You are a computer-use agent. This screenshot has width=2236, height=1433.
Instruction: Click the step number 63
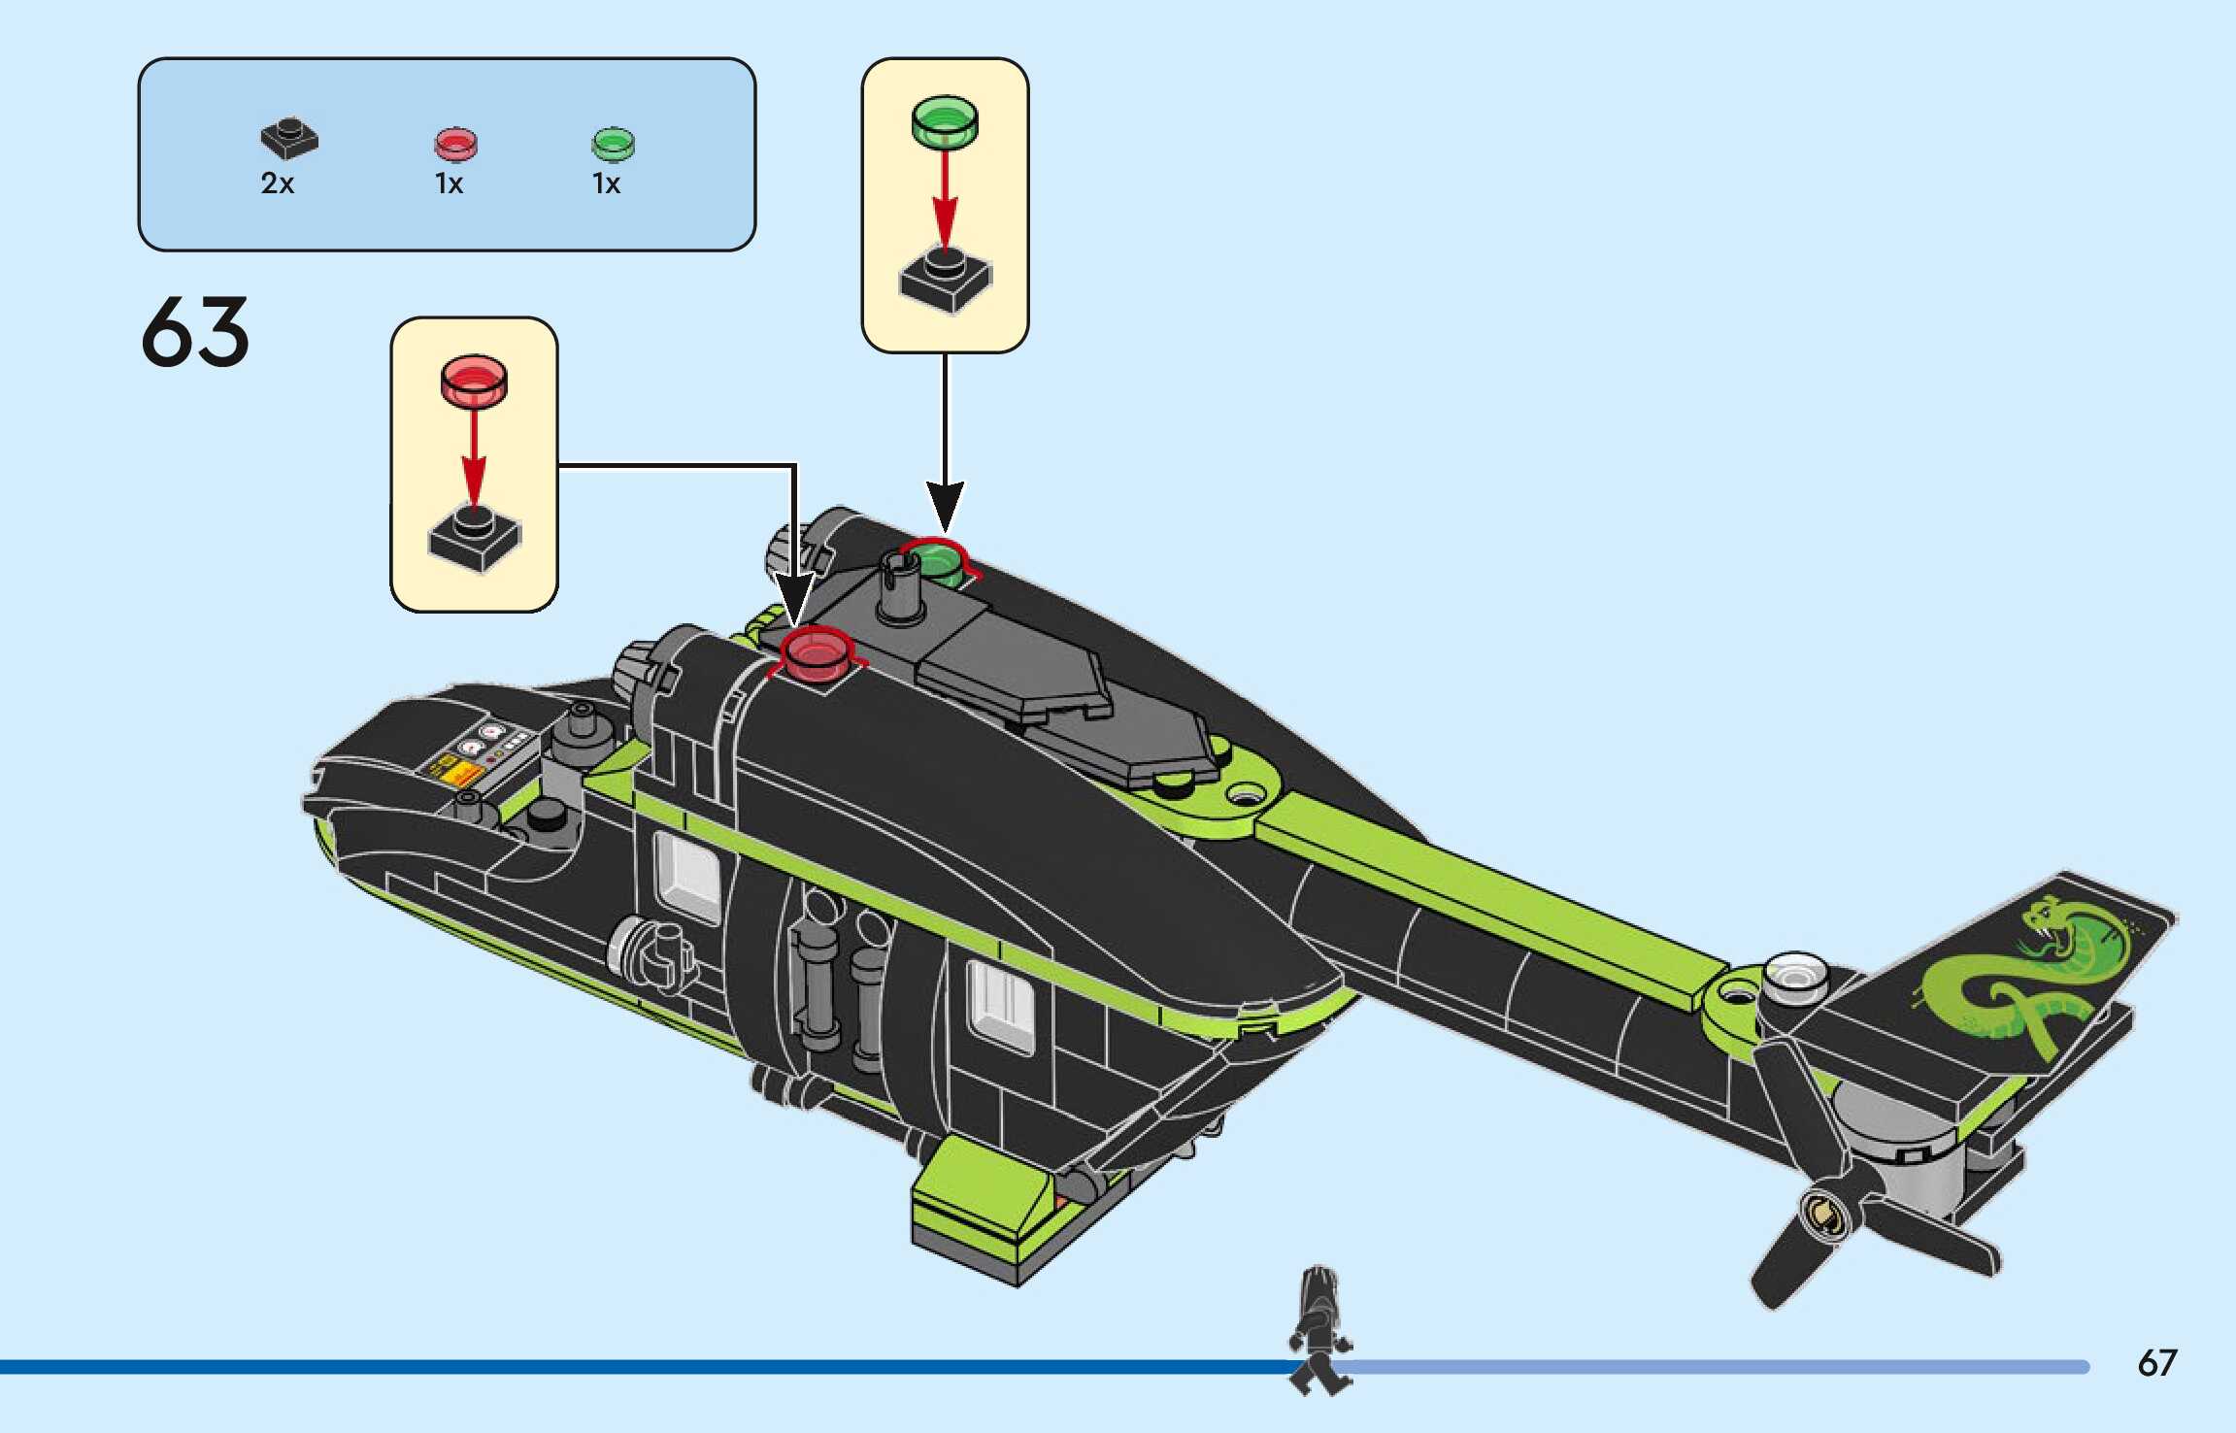coord(195,332)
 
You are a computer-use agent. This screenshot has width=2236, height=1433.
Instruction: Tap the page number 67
coord(2156,1363)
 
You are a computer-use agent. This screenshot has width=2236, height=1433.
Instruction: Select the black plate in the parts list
coord(288,140)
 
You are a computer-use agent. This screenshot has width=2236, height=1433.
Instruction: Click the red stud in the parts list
coord(454,145)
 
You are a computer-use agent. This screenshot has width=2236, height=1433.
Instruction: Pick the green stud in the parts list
coord(612,145)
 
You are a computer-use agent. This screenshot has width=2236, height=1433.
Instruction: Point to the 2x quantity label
coord(277,183)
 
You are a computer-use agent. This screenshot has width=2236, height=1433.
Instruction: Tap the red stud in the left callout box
coord(474,380)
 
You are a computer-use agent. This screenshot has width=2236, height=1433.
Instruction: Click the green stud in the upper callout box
coord(945,121)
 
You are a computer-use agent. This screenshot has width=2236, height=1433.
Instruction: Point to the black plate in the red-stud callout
coord(474,539)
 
